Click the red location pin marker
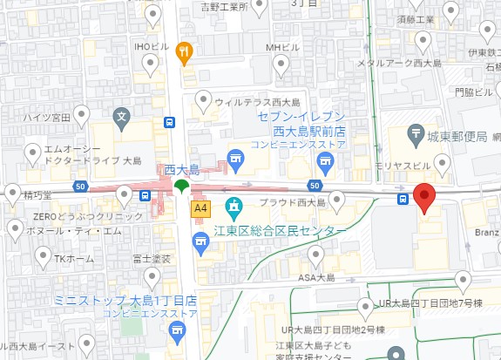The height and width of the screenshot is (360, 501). pos(423,198)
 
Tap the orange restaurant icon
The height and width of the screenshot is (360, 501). pos(183,51)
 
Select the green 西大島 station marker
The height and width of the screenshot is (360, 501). pos(181,186)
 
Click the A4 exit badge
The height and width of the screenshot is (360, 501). pos(201,208)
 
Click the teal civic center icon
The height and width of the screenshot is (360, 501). pos(234,207)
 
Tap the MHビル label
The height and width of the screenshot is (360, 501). pos(281,46)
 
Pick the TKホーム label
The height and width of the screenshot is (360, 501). pos(73,258)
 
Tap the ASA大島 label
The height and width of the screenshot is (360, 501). pos(317,277)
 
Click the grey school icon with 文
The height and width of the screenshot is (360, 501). pos(123,115)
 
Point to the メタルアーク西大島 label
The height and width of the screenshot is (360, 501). pos(402,63)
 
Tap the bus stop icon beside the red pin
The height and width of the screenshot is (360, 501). pos(403,199)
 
